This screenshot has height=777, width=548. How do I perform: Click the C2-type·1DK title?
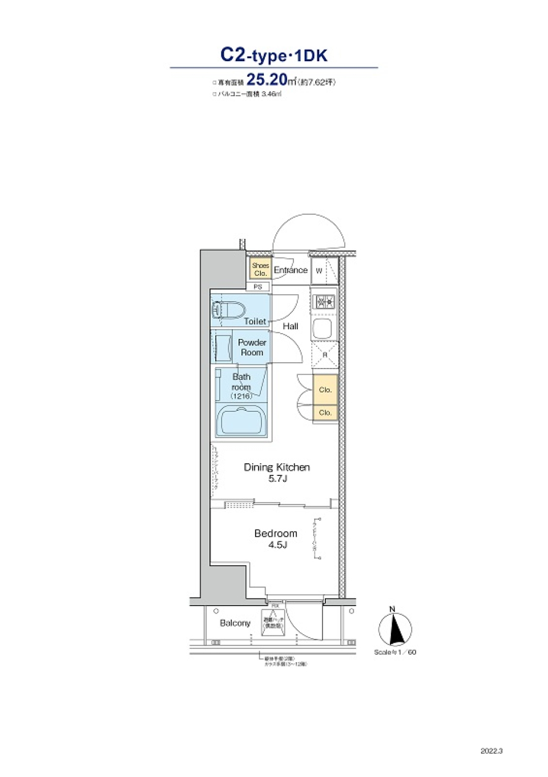click(274, 55)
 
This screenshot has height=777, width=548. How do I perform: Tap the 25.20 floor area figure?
click(267, 80)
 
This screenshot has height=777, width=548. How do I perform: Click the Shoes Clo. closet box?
click(260, 269)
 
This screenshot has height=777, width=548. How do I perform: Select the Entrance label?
click(291, 270)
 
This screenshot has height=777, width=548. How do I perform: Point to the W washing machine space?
click(320, 271)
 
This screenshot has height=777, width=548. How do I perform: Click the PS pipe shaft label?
click(258, 287)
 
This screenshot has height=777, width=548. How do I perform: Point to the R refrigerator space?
click(325, 355)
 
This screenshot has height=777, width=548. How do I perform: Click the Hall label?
click(291, 326)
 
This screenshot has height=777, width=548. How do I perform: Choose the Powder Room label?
click(252, 347)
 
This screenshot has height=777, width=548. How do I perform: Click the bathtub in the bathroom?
click(241, 422)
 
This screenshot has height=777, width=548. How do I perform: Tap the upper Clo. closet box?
click(325, 390)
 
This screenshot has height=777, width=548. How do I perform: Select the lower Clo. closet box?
click(325, 412)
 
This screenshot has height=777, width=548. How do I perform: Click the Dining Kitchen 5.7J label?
click(277, 472)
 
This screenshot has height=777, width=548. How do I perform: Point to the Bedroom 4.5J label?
click(276, 538)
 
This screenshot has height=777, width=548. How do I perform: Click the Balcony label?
click(235, 623)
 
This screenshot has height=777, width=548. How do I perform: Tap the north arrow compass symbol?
click(395, 629)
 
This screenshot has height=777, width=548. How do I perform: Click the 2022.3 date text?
click(491, 751)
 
